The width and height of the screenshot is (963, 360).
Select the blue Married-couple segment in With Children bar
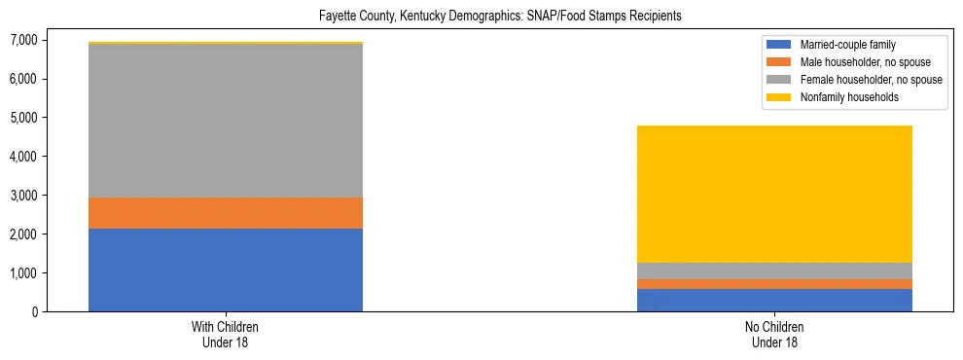pos(226,270)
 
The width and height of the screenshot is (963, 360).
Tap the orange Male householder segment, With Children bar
pos(226,213)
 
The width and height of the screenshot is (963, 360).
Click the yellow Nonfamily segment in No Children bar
pos(774,194)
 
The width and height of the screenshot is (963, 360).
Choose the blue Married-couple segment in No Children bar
pos(774,300)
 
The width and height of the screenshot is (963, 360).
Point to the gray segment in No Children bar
pos(774,270)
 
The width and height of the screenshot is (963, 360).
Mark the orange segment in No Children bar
pos(774,284)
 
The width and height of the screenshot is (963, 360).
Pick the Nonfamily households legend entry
pos(842,97)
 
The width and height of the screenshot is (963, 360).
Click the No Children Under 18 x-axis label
pos(774,335)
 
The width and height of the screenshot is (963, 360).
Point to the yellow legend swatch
pos(779,97)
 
